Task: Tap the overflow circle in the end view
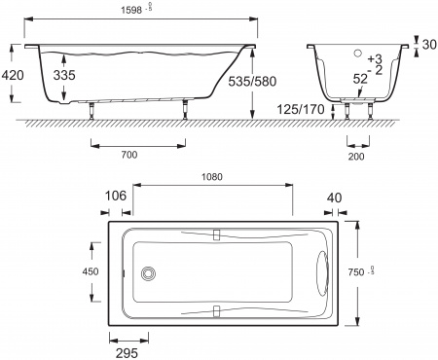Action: [x=355, y=54]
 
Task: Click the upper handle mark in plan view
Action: [x=216, y=234]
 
